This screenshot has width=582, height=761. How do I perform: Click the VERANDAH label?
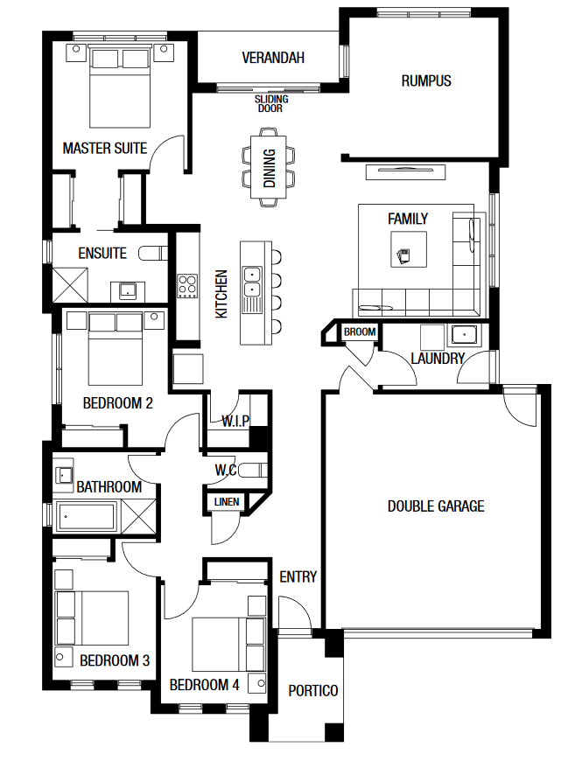pyautogui.click(x=273, y=58)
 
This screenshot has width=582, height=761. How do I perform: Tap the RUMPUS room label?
pyautogui.click(x=426, y=80)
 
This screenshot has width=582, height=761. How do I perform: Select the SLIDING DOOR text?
pyautogui.click(x=270, y=103)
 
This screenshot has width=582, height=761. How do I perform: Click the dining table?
pyautogui.click(x=269, y=167)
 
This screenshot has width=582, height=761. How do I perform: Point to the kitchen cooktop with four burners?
pyautogui.click(x=187, y=286)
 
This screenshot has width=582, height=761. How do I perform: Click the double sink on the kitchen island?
pyautogui.click(x=252, y=281)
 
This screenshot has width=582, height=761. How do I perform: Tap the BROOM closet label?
pyautogui.click(x=360, y=332)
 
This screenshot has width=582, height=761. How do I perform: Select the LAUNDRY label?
pyautogui.click(x=438, y=359)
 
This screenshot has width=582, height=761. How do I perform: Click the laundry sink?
pyautogui.click(x=464, y=335)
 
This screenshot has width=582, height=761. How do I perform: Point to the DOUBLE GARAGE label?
pyautogui.click(x=436, y=506)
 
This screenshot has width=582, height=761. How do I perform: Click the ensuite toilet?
pyautogui.click(x=153, y=254)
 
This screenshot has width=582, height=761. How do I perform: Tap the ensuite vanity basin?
pyautogui.click(x=128, y=291)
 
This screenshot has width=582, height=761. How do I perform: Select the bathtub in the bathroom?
pyautogui.click(x=87, y=516)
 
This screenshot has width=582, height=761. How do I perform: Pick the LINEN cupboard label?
pyautogui.click(x=227, y=502)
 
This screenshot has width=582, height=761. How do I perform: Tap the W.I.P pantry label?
pyautogui.click(x=236, y=421)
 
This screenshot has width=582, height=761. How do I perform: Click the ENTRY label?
pyautogui.click(x=298, y=576)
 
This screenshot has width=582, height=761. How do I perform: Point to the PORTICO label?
pyautogui.click(x=313, y=691)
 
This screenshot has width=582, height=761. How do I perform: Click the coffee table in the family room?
pyautogui.click(x=409, y=249)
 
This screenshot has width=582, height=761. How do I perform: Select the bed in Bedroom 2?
pyautogui.click(x=116, y=349)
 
